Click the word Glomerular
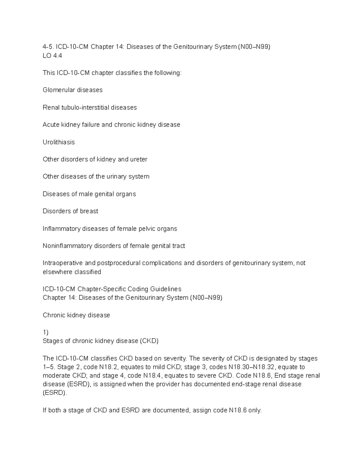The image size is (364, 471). (59, 90)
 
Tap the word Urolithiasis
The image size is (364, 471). (59, 142)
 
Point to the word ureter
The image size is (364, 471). (139, 159)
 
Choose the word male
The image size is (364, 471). (86, 194)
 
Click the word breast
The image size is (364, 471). (89, 211)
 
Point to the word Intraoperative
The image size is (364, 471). (62, 263)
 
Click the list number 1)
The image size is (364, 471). (45, 332)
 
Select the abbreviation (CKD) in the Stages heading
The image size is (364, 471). (149, 341)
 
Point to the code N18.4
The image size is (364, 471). (153, 376)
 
